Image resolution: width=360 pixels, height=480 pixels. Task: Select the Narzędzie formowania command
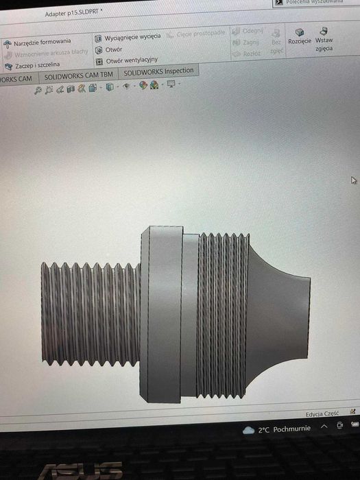pyautogui.click(x=42, y=42)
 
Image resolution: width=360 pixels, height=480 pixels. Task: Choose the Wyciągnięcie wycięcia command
pyautogui.click(x=132, y=36)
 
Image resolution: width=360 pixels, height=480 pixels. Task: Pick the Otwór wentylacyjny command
pyautogui.click(x=130, y=60)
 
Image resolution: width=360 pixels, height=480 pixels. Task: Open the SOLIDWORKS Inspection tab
pyautogui.click(x=159, y=71)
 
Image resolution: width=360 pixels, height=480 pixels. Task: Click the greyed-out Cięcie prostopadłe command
pyautogui.click(x=197, y=34)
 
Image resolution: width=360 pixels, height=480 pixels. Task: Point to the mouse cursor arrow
pyautogui.click(x=353, y=180)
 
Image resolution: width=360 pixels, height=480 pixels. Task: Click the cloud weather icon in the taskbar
pyautogui.click(x=249, y=429)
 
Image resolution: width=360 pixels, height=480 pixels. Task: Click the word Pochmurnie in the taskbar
pyautogui.click(x=293, y=429)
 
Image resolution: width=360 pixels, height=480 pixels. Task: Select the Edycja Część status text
pyautogui.click(x=322, y=414)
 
